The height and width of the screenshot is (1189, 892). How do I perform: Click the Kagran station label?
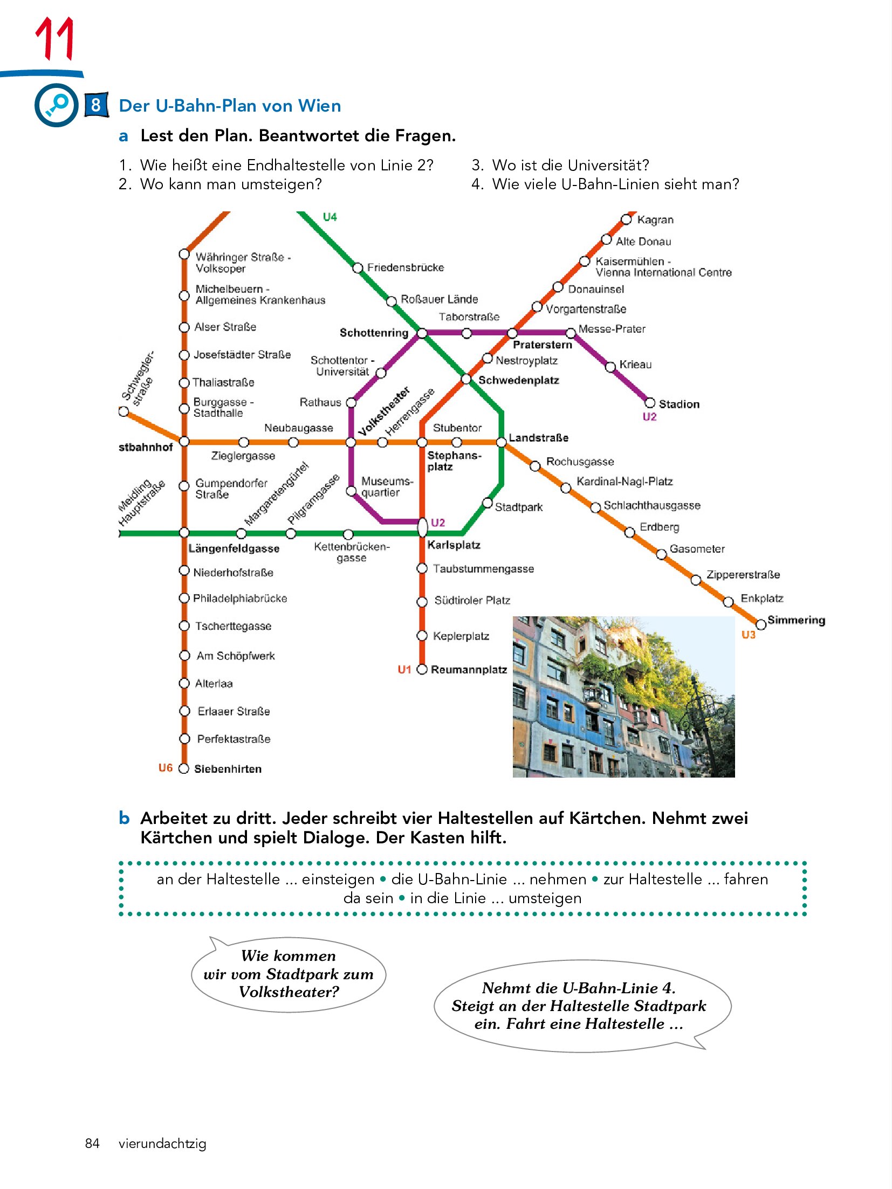click(x=655, y=219)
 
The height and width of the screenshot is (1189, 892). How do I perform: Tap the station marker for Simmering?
click(x=760, y=624)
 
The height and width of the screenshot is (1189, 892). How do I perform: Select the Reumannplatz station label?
click(x=469, y=670)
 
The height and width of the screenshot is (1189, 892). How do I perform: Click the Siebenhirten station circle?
click(x=184, y=768)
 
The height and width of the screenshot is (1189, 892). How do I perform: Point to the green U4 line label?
click(x=330, y=217)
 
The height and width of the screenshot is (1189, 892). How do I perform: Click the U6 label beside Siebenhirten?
click(x=166, y=768)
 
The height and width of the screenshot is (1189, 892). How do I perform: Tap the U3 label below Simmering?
click(x=749, y=635)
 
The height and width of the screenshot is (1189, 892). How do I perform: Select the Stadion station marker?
click(x=650, y=403)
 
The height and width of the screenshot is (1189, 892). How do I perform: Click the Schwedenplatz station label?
click(x=518, y=380)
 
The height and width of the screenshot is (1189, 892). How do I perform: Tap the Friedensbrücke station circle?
click(x=358, y=268)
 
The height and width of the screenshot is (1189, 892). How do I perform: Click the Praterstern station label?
click(x=542, y=345)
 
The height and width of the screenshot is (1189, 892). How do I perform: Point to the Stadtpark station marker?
click(x=487, y=503)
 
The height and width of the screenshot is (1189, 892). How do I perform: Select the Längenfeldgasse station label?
click(x=234, y=548)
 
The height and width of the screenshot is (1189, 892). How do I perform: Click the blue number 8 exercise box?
click(x=96, y=105)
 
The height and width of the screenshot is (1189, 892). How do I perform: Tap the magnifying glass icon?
click(x=57, y=105)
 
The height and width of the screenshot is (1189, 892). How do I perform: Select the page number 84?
click(x=92, y=1143)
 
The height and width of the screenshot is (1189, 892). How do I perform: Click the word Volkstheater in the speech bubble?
click(x=289, y=992)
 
